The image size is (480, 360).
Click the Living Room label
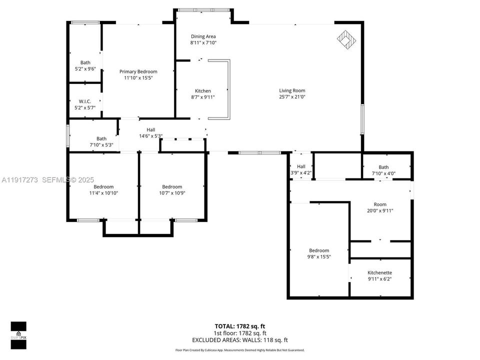[292, 90]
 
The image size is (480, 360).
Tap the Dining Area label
[203, 36]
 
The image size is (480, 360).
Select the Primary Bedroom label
[138, 71]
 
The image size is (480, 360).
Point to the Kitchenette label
[380, 272]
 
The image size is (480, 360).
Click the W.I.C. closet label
[85, 101]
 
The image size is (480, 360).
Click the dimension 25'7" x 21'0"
[292, 97]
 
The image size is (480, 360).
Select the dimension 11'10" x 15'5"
[138, 78]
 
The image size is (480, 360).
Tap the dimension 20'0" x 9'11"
[380, 210]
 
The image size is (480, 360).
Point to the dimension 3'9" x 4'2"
[301, 173]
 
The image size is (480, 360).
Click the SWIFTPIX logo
[18, 331]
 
